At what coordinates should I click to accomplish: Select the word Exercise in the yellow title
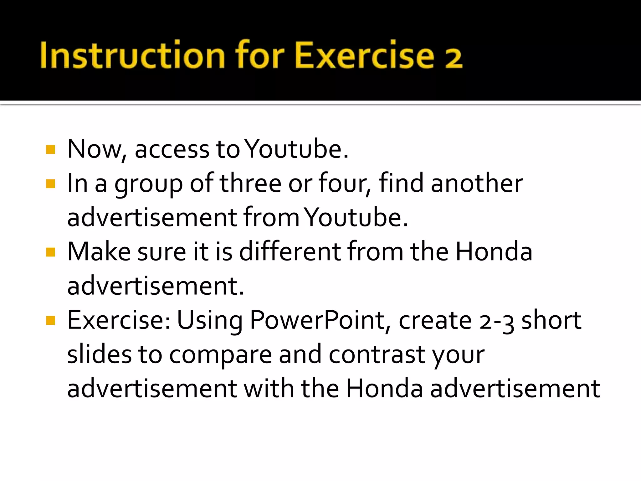364,55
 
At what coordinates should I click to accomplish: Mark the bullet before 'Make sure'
50,252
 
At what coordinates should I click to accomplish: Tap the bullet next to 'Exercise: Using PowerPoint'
50,320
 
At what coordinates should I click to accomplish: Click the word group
148,185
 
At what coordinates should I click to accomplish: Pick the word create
435,321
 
